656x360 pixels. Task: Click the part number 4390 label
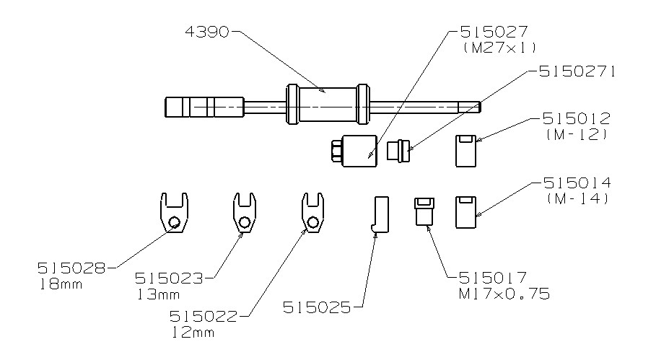coord(207,32)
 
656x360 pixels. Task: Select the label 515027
coord(494,32)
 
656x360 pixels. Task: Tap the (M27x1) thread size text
coord(499,48)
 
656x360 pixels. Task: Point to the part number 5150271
coord(577,71)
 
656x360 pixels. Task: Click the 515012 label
coord(577,119)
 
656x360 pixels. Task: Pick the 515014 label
coord(577,183)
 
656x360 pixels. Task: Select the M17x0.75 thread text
coord(504,294)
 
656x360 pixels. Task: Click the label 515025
coord(317,308)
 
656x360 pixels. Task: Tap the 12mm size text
coord(193,333)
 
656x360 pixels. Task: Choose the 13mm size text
coord(158,294)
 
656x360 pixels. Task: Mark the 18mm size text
coord(61,285)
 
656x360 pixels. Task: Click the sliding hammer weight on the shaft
coord(328,105)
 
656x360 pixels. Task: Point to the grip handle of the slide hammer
coord(204,107)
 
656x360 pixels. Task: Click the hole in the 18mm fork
coord(175,221)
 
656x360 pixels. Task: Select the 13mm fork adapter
coord(245,212)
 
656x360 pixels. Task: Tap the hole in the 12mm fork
coord(312,221)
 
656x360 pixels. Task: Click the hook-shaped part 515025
coord(380,214)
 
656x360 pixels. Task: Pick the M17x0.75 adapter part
coord(424,211)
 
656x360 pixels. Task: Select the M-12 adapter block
coord(465,151)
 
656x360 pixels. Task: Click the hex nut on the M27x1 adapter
coord(336,151)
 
